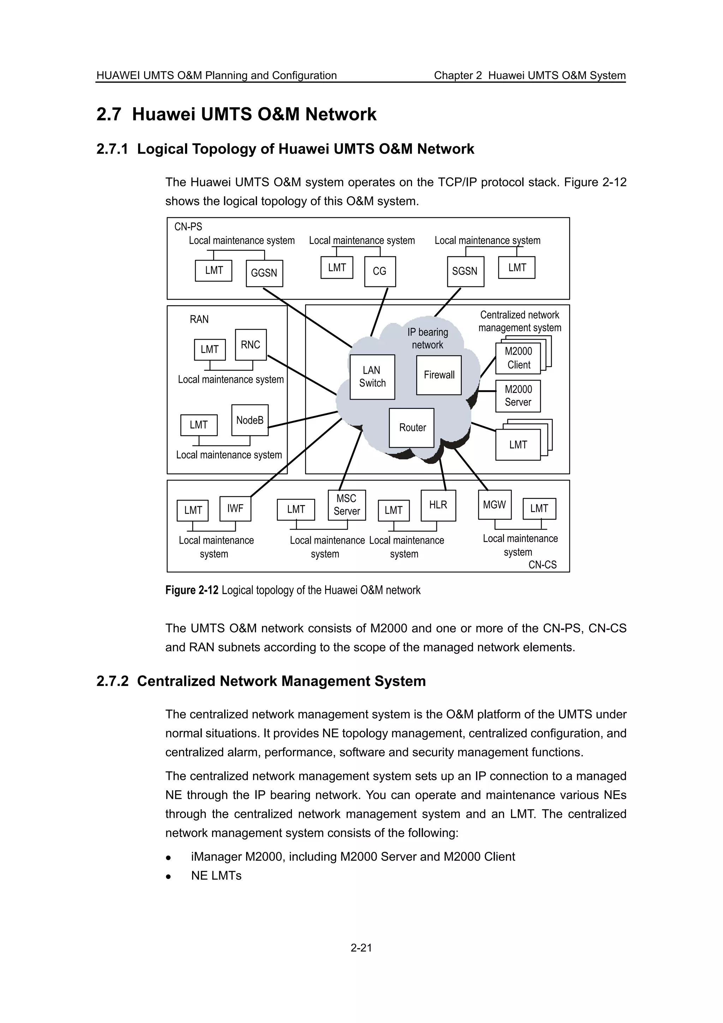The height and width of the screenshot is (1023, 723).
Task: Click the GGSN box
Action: click(x=264, y=273)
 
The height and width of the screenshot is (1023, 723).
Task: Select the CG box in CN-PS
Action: click(x=380, y=271)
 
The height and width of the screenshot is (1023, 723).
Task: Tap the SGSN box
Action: click(x=465, y=271)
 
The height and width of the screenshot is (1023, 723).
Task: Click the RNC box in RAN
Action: click(x=251, y=345)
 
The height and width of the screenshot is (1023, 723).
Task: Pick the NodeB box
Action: click(x=250, y=420)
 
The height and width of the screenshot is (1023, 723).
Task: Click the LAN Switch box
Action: click(x=372, y=377)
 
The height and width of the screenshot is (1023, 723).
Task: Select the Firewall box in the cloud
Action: click(x=439, y=375)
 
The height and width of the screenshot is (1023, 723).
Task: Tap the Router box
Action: click(x=412, y=428)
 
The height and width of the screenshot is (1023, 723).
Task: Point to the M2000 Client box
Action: click(x=518, y=358)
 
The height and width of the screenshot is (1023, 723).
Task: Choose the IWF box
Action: click(x=235, y=508)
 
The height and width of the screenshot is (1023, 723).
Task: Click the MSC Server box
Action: click(x=347, y=505)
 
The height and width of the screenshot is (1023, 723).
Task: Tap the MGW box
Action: click(x=495, y=505)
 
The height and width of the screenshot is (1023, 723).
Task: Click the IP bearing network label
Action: click(x=428, y=339)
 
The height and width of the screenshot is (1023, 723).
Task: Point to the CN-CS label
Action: click(x=542, y=564)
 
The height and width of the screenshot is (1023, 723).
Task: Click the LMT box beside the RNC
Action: click(x=210, y=350)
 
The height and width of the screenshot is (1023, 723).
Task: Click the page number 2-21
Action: click(x=361, y=948)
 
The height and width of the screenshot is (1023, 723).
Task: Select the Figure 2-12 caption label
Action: click(x=192, y=590)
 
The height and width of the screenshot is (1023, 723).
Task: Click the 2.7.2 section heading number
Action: click(x=112, y=681)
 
